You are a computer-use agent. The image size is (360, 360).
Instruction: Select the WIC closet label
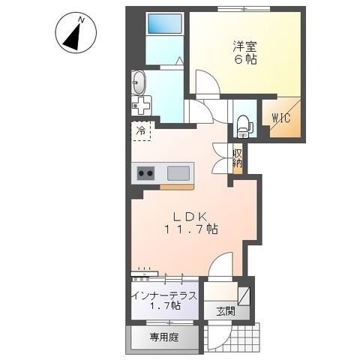click(282, 117)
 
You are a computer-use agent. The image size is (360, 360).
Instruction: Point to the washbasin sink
click(139, 82)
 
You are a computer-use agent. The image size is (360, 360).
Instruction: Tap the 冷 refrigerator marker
click(140, 130)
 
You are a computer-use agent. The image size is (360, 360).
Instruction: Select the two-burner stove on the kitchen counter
click(145, 174)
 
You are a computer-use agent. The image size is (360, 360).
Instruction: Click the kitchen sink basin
click(178, 173)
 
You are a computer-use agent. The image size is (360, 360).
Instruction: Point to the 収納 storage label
click(238, 157)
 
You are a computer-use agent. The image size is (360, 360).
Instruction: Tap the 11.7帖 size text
click(192, 230)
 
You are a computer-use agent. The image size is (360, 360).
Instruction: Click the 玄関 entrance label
click(226, 310)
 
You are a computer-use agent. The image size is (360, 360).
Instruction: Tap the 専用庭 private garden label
click(163, 337)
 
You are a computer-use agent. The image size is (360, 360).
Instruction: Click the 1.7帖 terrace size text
click(164, 306)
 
